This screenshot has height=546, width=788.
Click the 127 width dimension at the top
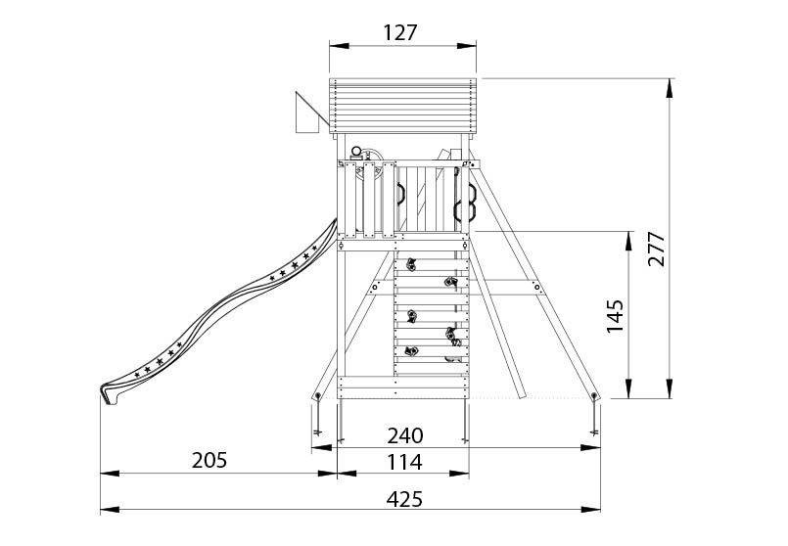(401, 31)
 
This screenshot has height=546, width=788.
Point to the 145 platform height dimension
(615, 317)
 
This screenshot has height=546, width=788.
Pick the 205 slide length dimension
(209, 460)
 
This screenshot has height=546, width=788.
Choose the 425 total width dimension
(404, 499)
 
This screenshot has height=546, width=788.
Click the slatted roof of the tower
(402, 105)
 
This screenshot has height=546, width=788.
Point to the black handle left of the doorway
(400, 193)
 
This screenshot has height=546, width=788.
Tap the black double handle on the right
(464, 196)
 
